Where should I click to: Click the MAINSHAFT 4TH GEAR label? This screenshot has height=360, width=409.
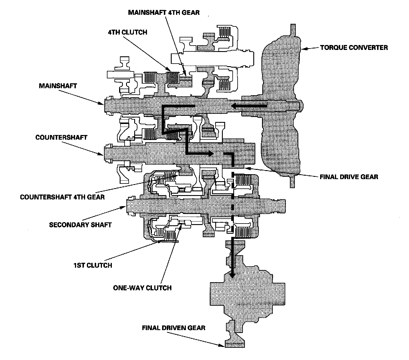(164, 13)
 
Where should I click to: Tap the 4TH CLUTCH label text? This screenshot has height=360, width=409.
(128, 32)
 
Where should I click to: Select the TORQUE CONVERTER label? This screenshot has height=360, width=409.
(354, 47)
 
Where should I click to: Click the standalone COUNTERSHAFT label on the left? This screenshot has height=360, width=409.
(61, 137)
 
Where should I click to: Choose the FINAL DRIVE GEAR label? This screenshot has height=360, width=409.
(349, 177)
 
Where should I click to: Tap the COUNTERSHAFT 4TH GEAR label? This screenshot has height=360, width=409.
(62, 197)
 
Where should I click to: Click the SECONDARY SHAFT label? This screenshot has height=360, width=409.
(80, 225)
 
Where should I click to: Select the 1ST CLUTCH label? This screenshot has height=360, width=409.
(93, 265)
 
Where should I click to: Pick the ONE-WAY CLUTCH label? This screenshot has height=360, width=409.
(142, 288)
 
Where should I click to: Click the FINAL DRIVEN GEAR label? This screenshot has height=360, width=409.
(174, 328)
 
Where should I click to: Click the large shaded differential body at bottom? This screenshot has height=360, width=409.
(247, 293)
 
